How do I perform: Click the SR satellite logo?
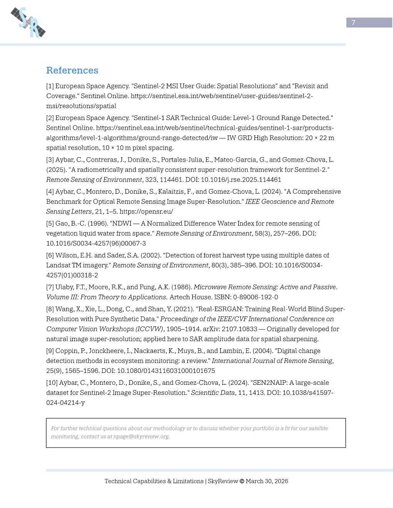click(28, 22)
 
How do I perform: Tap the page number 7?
click(353, 23)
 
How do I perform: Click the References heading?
click(72, 70)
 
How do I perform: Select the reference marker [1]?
click(50, 86)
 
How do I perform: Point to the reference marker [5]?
click(50, 224)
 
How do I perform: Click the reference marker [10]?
click(52, 383)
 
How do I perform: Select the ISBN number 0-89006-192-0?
click(255, 297)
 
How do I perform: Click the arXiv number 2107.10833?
click(239, 329)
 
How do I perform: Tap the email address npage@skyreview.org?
click(141, 437)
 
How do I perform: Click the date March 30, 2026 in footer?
click(267, 481)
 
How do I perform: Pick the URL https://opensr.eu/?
click(146, 212)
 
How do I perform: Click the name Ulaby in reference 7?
click(64, 287)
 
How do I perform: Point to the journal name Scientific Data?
click(213, 393)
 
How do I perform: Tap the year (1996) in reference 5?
click(88, 224)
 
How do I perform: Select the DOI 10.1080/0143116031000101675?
click(166, 371)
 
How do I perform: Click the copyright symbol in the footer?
click(242, 481)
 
